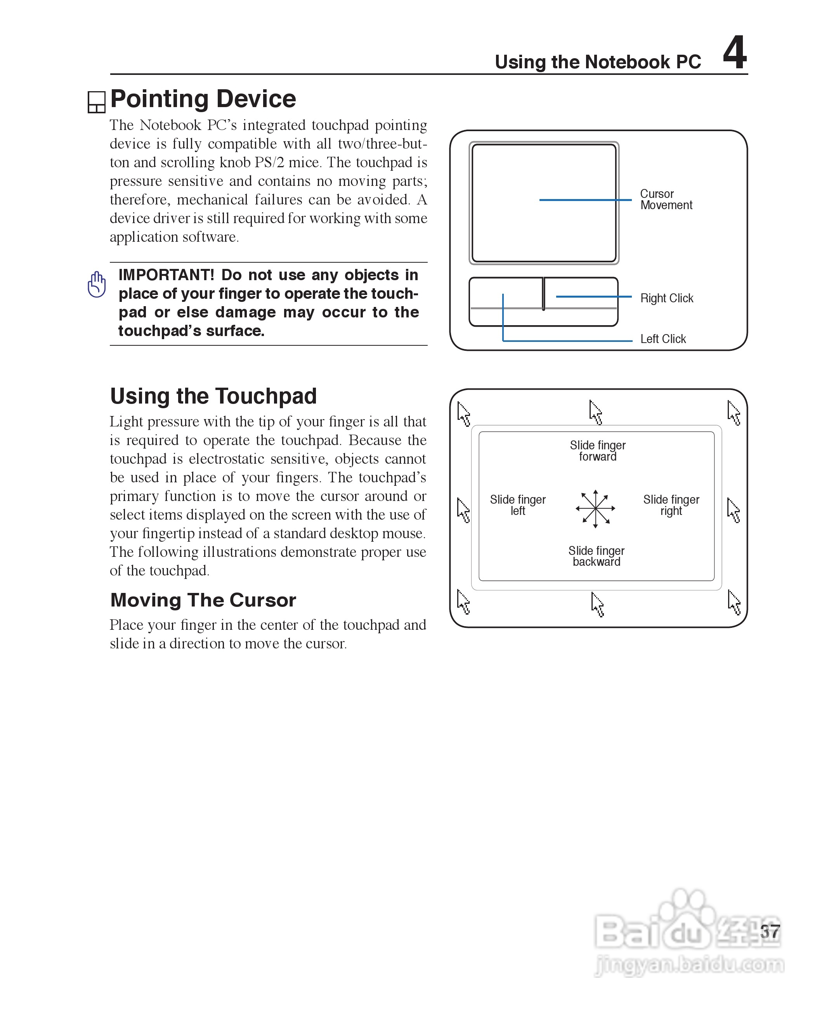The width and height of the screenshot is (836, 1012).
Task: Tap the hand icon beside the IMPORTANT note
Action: [97, 284]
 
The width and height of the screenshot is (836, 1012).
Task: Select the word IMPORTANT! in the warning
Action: [166, 275]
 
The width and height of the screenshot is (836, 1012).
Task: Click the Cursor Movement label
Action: [666, 199]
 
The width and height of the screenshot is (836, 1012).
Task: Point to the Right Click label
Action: [666, 298]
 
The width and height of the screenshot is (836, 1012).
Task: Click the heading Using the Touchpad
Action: [213, 396]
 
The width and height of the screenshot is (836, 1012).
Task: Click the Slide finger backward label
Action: [596, 556]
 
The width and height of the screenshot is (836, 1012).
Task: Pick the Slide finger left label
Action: [518, 505]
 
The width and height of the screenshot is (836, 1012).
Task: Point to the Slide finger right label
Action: [671, 505]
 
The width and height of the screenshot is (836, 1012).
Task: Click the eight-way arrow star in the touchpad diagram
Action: [595, 508]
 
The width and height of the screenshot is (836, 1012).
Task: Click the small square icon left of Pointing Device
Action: [96, 102]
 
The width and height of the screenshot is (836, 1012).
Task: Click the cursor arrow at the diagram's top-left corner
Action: [463, 414]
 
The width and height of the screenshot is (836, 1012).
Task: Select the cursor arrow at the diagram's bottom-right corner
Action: [734, 602]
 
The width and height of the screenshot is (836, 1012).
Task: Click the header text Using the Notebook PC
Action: [598, 62]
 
